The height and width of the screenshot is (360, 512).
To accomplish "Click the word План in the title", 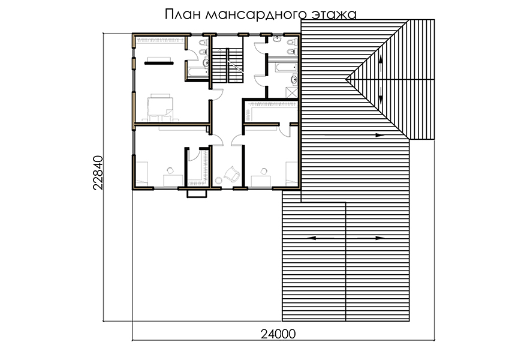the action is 182,14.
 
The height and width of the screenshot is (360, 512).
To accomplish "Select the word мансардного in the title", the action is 257,15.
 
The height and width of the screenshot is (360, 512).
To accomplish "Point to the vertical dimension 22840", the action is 98,172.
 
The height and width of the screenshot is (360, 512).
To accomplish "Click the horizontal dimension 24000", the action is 278,334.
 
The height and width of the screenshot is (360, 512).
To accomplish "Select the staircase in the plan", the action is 228,65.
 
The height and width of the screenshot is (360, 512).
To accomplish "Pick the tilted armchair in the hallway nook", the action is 232,174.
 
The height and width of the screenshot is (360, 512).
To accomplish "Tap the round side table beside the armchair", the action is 218,181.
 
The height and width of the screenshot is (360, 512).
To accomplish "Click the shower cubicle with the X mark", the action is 291,92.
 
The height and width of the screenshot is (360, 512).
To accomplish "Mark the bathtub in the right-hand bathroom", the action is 287,68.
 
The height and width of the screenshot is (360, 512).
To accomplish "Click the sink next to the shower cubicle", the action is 294,79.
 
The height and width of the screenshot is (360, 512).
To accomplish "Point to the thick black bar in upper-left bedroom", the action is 159,63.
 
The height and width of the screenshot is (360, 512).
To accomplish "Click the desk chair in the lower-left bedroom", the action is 170,170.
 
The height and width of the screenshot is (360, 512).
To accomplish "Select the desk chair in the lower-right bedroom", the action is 264,171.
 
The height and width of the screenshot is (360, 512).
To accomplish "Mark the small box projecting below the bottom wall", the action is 197,194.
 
